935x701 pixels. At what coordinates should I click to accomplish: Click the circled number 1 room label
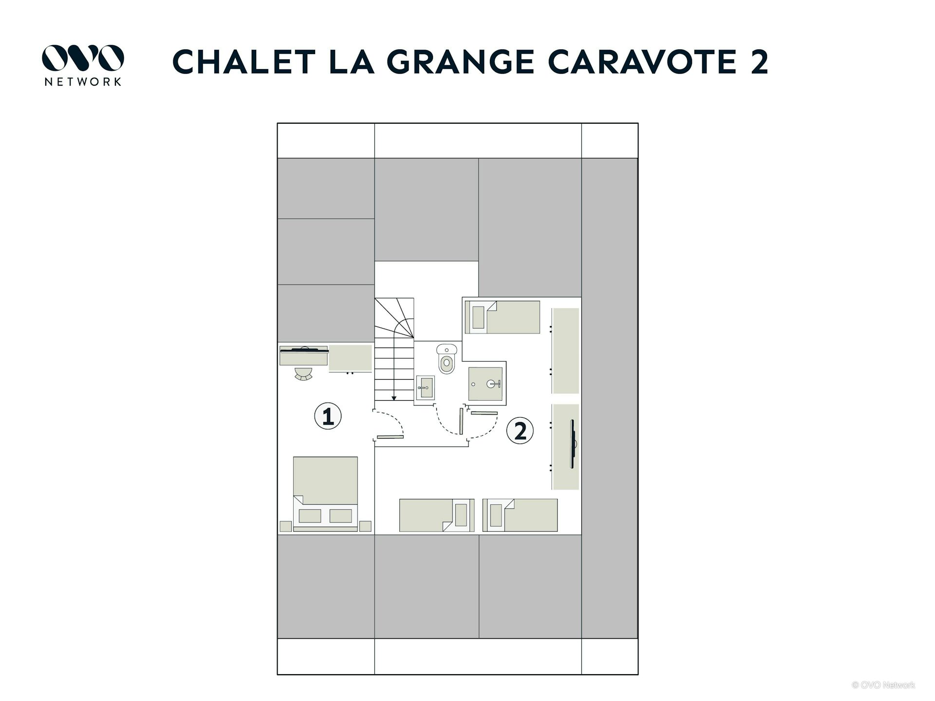click(x=328, y=416)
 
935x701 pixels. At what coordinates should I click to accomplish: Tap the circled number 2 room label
click(x=520, y=431)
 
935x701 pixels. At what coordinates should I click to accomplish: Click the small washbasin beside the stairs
click(x=424, y=388)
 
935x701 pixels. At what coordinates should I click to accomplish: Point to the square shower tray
click(x=485, y=384)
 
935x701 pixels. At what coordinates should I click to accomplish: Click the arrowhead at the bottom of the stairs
click(x=394, y=398)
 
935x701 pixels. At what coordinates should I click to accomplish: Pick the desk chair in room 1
click(x=304, y=374)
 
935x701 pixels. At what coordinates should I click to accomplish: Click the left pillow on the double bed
click(x=310, y=516)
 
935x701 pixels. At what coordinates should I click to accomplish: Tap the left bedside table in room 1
click(x=286, y=526)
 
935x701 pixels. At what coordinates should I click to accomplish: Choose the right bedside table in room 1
click(x=365, y=526)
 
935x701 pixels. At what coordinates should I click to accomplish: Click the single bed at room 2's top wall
click(x=503, y=317)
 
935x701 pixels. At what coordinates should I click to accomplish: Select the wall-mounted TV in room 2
click(x=573, y=444)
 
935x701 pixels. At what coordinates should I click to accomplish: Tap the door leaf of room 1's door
click(x=390, y=437)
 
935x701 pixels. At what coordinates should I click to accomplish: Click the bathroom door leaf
click(x=461, y=421)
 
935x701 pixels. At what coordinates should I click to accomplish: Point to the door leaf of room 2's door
click(x=485, y=413)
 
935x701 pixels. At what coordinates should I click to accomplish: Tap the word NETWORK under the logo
click(x=83, y=82)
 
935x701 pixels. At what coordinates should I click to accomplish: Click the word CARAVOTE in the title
click(x=642, y=62)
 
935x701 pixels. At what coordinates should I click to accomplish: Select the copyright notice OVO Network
click(x=883, y=685)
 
